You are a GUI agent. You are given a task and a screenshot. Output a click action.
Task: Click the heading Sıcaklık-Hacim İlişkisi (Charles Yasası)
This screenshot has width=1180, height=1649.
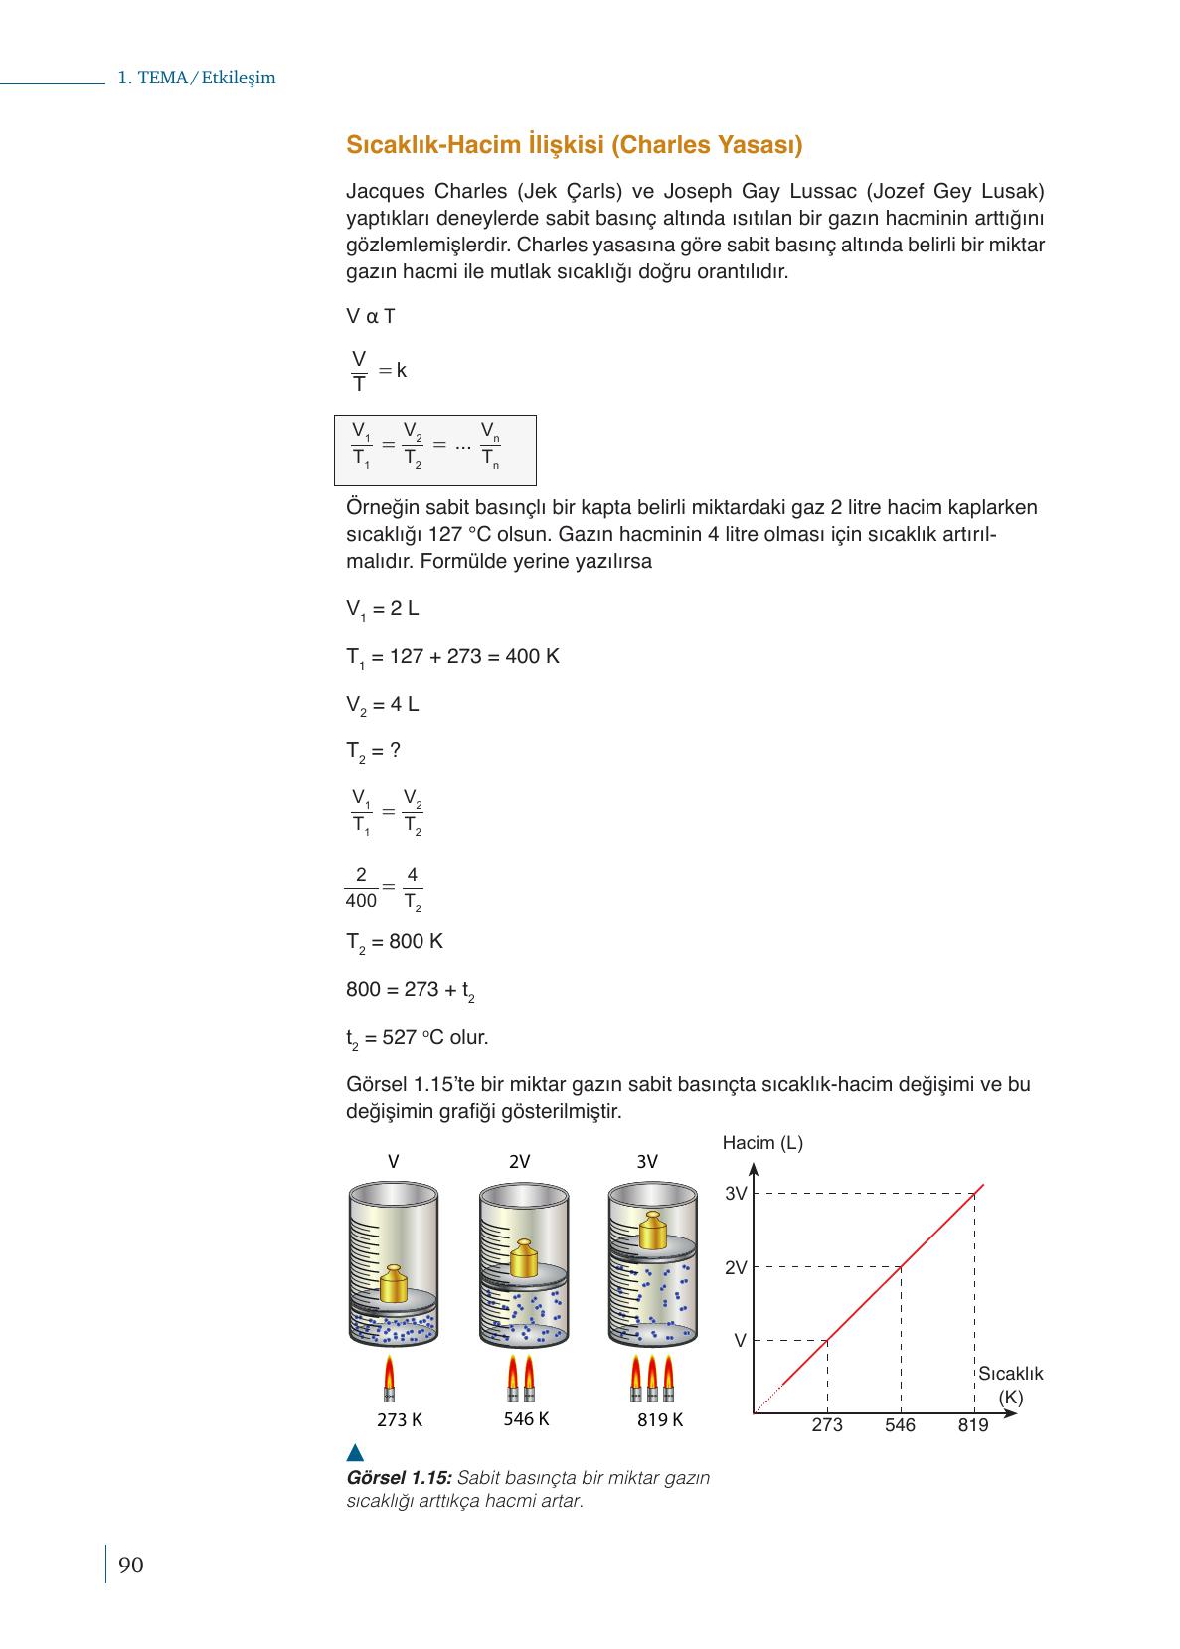(574, 145)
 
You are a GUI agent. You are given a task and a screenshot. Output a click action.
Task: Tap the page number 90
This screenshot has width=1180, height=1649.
(130, 1566)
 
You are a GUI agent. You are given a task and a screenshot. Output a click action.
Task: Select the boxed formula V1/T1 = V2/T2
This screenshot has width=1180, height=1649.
(435, 450)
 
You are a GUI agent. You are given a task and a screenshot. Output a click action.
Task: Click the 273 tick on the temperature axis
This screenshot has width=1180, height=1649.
(826, 1425)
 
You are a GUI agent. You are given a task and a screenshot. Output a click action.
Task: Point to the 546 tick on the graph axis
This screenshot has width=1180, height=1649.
(900, 1425)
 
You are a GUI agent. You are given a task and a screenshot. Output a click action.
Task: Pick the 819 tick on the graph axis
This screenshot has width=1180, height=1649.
(973, 1425)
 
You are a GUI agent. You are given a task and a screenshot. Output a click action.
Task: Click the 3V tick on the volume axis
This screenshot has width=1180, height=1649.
(736, 1194)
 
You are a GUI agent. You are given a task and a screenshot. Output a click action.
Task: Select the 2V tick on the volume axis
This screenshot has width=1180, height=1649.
(736, 1268)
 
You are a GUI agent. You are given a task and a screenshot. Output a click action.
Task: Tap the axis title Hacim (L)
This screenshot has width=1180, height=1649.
(762, 1143)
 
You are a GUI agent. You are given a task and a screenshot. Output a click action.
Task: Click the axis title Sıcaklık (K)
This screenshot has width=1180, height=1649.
(1010, 1385)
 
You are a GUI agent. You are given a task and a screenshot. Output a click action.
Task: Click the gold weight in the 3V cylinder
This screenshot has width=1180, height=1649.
(652, 1231)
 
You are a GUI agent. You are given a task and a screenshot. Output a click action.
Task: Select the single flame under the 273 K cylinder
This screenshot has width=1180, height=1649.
(389, 1376)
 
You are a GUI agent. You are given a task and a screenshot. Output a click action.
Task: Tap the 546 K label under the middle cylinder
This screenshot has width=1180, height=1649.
(526, 1419)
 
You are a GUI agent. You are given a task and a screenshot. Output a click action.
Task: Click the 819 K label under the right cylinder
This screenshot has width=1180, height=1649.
(660, 1420)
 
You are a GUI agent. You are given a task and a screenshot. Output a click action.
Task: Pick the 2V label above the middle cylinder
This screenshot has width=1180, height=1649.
(519, 1162)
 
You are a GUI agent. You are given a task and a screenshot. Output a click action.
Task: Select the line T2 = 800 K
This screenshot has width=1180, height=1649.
(395, 942)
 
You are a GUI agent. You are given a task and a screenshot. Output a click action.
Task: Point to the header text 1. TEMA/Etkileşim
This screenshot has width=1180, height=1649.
(196, 78)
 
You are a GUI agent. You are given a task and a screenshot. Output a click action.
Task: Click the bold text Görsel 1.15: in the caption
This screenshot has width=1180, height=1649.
(399, 1478)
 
